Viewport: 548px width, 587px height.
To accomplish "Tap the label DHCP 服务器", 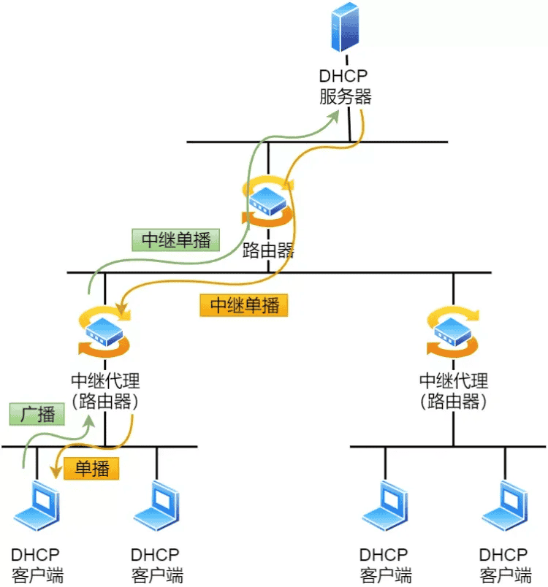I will [345, 86].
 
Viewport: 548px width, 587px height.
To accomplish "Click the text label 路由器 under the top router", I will [268, 252].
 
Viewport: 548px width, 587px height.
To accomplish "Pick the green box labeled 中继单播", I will [176, 240].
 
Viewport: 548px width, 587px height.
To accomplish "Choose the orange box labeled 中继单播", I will [244, 304].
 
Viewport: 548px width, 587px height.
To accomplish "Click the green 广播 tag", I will [37, 414].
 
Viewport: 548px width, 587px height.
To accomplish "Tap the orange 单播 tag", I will [91, 468].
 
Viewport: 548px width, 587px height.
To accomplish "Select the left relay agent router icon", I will [104, 332].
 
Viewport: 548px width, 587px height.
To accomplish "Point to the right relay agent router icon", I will [453, 332].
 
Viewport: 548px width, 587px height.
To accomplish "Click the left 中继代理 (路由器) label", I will [105, 390].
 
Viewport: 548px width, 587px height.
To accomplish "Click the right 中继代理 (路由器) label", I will [453, 390].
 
